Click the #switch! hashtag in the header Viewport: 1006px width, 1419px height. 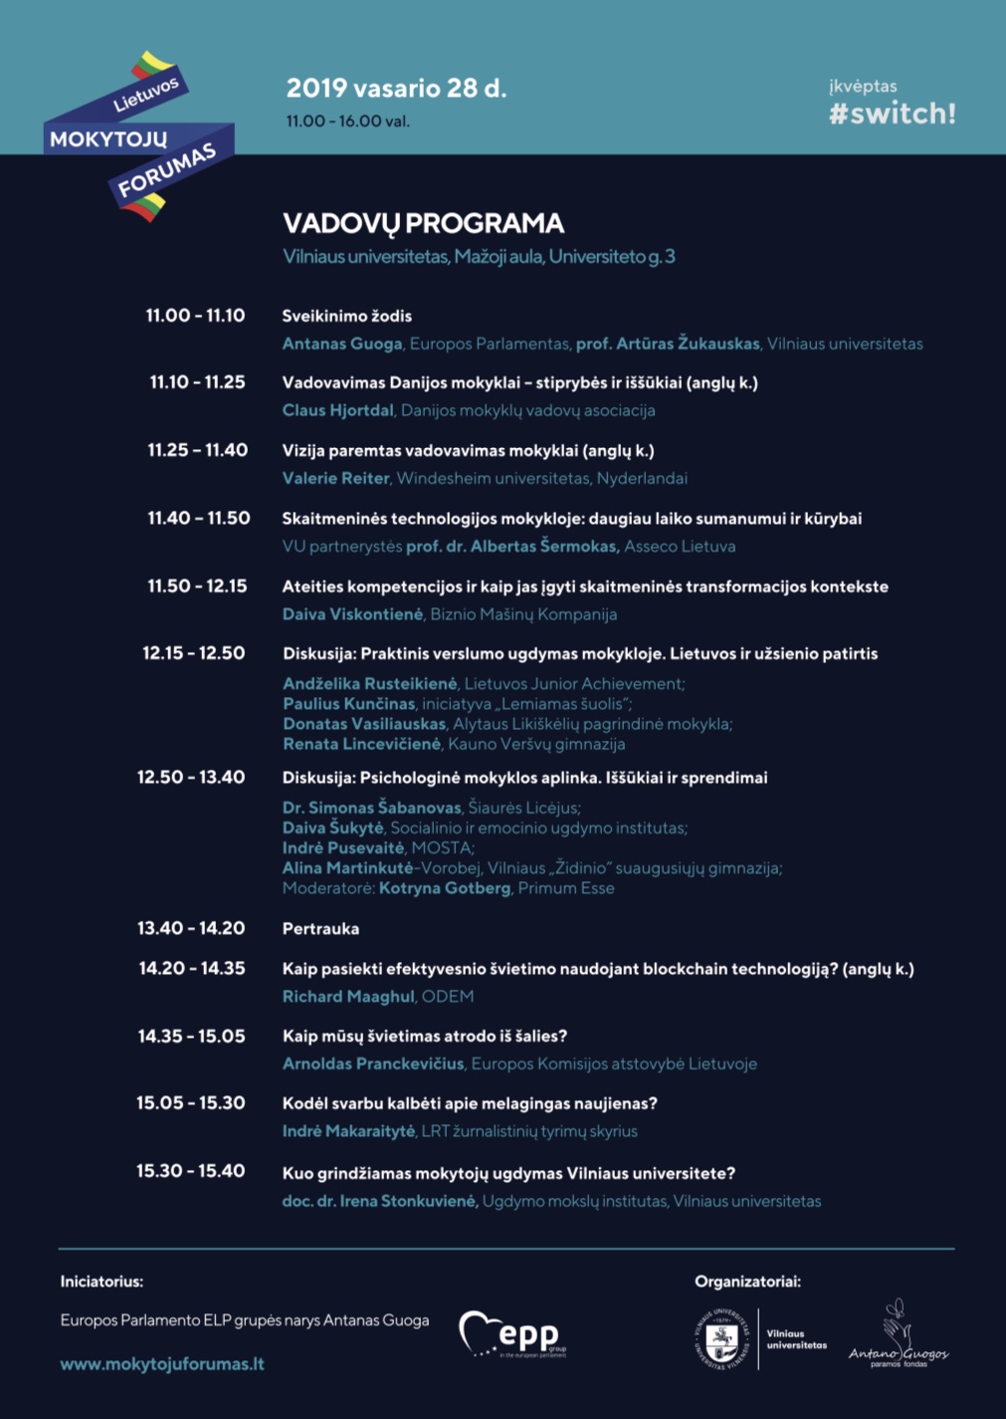[x=892, y=114]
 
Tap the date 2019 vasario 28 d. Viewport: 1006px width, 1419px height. [x=396, y=89]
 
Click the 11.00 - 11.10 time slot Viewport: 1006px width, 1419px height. [x=195, y=316]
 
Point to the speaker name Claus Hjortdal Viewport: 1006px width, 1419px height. [x=338, y=410]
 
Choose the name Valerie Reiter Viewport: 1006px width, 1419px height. [x=335, y=478]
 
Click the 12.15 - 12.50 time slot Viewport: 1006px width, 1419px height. [x=193, y=653]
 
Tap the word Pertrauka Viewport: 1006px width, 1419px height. [x=320, y=929]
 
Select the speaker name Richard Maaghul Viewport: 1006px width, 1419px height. [x=348, y=996]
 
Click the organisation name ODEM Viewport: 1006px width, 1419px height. [x=448, y=996]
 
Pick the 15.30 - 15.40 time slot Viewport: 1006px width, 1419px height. [x=190, y=1171]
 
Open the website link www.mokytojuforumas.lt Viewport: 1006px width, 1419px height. [x=162, y=1364]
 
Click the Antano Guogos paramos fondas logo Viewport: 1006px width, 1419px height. [x=898, y=1334]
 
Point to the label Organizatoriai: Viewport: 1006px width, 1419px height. [x=747, y=1282]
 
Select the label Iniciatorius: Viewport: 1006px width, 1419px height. [x=101, y=1282]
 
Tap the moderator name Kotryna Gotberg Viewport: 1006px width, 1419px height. [x=445, y=888]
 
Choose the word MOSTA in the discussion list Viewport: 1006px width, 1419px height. [x=441, y=848]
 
